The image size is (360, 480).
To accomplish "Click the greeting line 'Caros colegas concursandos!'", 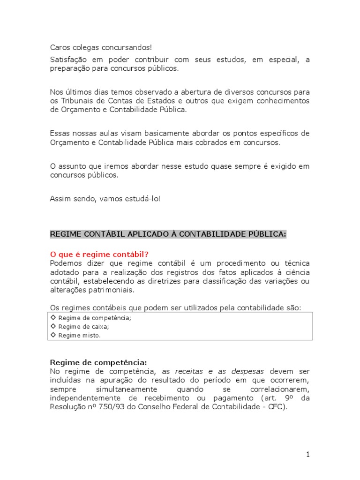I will (101, 48).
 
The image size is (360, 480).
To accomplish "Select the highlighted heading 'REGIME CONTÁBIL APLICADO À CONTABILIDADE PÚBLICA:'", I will (168, 234).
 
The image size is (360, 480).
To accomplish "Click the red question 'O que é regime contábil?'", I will (99, 255).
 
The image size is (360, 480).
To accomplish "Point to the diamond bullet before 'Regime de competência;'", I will (53, 318).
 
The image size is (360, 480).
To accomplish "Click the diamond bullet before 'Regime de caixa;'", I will (53, 326).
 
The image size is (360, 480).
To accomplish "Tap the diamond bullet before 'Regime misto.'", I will (53, 335).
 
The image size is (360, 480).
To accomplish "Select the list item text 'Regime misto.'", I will (80, 335).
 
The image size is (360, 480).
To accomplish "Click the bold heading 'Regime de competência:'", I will (98, 362).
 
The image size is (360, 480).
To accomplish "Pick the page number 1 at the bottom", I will (307, 454).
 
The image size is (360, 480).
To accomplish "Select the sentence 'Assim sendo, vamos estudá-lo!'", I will (105, 199).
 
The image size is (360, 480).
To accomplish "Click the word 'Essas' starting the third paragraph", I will (60, 134).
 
